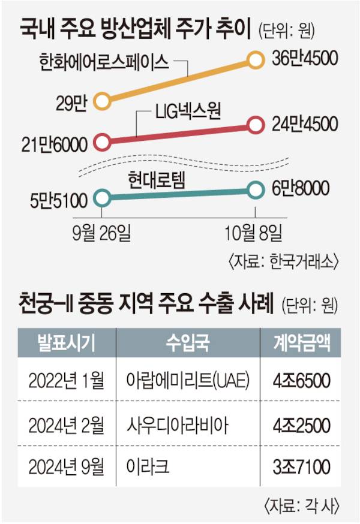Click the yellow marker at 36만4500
256,59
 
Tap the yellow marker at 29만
103,101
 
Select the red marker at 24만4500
256,125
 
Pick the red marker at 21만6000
103,143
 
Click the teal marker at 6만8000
256,189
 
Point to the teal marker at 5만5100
103,196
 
